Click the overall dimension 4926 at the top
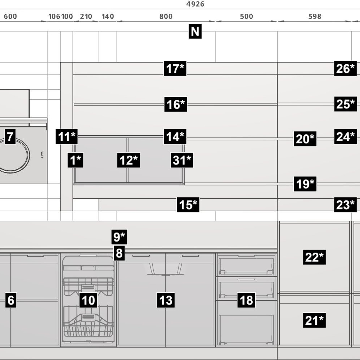point(195,4)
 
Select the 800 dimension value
point(166,16)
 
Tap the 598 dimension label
point(315,16)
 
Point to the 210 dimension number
point(86,16)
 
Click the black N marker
point(195,31)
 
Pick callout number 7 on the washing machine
point(10,136)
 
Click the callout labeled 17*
point(175,68)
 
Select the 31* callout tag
point(182,160)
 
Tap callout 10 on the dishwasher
point(88,300)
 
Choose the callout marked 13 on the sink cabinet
point(166,300)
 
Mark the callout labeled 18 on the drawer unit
point(246,300)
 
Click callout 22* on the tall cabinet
point(314,257)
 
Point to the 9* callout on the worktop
point(119,237)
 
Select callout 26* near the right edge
point(345,68)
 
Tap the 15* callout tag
point(188,204)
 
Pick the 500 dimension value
point(246,16)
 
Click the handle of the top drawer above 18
point(246,256)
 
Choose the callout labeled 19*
point(305,184)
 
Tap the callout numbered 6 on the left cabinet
point(11,300)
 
